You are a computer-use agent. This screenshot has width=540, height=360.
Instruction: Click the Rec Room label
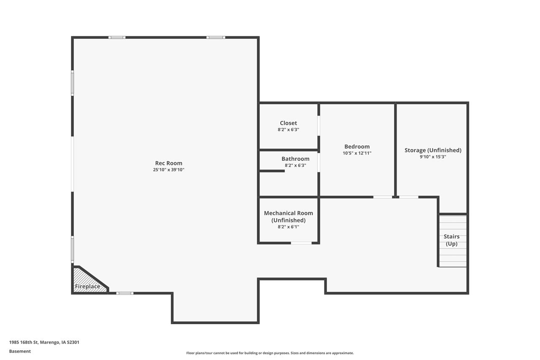click(x=169, y=163)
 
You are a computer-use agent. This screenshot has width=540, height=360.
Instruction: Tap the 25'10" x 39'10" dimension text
click(x=169, y=170)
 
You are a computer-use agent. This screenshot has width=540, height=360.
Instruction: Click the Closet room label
click(x=289, y=123)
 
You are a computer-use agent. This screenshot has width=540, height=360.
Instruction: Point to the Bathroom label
click(x=295, y=159)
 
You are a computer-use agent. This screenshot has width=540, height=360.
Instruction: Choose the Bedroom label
click(x=357, y=146)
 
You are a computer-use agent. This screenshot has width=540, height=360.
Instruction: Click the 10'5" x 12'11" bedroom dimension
click(x=357, y=153)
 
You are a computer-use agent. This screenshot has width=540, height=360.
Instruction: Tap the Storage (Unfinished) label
click(x=433, y=150)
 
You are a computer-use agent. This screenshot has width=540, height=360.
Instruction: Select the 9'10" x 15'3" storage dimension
click(x=433, y=157)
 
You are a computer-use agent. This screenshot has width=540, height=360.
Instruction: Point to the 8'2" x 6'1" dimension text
click(x=289, y=227)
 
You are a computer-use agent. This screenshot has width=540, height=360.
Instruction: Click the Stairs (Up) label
click(x=451, y=240)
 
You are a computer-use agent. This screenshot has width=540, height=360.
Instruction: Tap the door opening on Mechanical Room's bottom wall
click(x=301, y=243)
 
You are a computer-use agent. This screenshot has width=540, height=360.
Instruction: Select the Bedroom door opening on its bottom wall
click(x=383, y=197)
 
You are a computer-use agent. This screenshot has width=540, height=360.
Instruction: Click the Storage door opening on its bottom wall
click(x=408, y=197)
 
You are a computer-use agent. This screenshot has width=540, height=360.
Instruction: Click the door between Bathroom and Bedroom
click(x=319, y=162)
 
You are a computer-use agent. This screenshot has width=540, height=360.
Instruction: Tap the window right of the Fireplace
click(x=124, y=293)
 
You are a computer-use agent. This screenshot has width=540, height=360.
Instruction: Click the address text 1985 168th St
click(x=44, y=342)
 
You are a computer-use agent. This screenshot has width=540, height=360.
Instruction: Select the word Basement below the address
click(x=20, y=351)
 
